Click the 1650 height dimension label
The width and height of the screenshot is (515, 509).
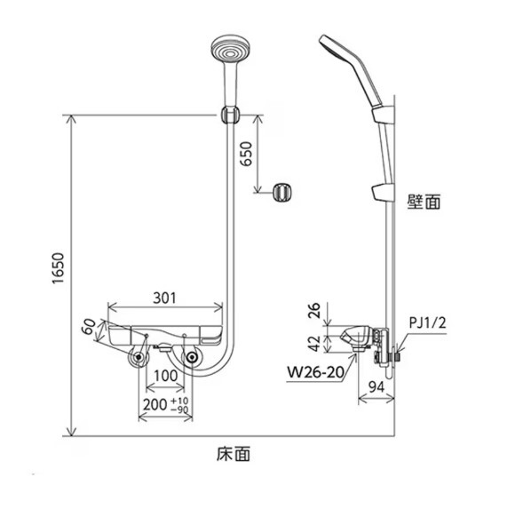pyautogui.click(x=58, y=268)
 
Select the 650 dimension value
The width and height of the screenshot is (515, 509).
pyautogui.click(x=245, y=154)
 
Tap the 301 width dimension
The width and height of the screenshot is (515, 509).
pyautogui.click(x=165, y=298)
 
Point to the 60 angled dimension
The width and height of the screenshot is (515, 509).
pyautogui.click(x=89, y=326)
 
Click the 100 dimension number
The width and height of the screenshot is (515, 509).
pyautogui.click(x=165, y=376)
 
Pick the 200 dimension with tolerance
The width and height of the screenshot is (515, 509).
pyautogui.click(x=165, y=405)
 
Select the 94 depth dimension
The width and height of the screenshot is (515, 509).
pyautogui.click(x=376, y=387)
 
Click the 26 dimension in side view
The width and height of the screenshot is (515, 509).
pyautogui.click(x=314, y=311)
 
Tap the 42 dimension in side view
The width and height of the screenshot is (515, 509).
pyautogui.click(x=314, y=344)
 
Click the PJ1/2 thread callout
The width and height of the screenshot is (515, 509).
pyautogui.click(x=428, y=323)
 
